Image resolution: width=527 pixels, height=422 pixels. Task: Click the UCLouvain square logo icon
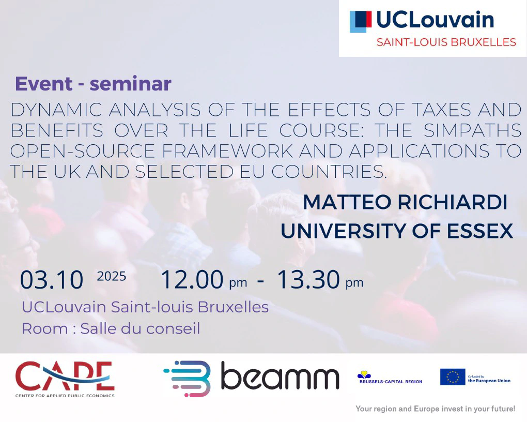(x=361, y=22)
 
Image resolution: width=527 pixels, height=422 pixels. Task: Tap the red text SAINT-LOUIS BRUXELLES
(x=446, y=42)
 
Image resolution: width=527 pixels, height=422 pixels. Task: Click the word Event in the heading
(x=44, y=84)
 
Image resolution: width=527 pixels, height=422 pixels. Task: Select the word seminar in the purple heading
(x=131, y=84)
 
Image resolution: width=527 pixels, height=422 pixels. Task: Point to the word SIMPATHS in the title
(x=472, y=130)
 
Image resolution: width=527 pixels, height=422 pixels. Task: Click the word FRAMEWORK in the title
(x=227, y=151)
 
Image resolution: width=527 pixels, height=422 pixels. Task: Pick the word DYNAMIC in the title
(x=56, y=110)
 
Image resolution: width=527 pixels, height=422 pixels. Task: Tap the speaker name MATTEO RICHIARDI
(x=405, y=202)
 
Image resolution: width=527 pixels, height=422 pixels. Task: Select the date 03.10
(x=52, y=280)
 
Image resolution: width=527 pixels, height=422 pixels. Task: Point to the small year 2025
(x=112, y=276)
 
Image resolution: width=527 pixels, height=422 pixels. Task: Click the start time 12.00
(x=192, y=279)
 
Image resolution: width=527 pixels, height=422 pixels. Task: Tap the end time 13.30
(x=308, y=279)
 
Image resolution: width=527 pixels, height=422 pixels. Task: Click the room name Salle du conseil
(x=140, y=328)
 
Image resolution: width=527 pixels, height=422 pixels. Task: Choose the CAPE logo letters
(x=65, y=375)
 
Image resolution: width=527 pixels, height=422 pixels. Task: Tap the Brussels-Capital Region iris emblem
(x=364, y=374)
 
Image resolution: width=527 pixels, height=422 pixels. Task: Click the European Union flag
(x=453, y=377)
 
